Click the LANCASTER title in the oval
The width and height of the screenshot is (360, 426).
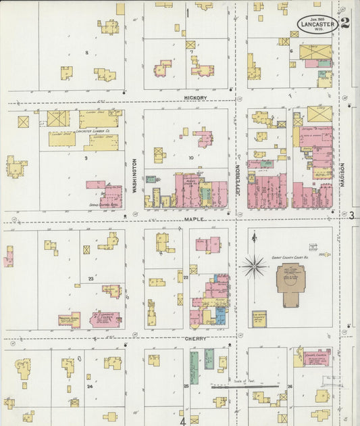[x=317, y=24]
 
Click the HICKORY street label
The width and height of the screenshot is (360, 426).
[x=195, y=97]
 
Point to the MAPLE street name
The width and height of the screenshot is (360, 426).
[x=193, y=219]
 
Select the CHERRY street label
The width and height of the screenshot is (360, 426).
[x=196, y=338]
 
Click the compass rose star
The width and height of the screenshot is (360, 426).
[x=254, y=266]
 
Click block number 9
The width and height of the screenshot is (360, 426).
[x=86, y=158]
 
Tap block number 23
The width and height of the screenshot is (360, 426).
[x=90, y=278]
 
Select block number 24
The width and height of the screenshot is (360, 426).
[x=89, y=386]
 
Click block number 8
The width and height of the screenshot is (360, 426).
[x=86, y=52]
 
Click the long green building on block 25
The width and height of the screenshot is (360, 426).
[x=195, y=368]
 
